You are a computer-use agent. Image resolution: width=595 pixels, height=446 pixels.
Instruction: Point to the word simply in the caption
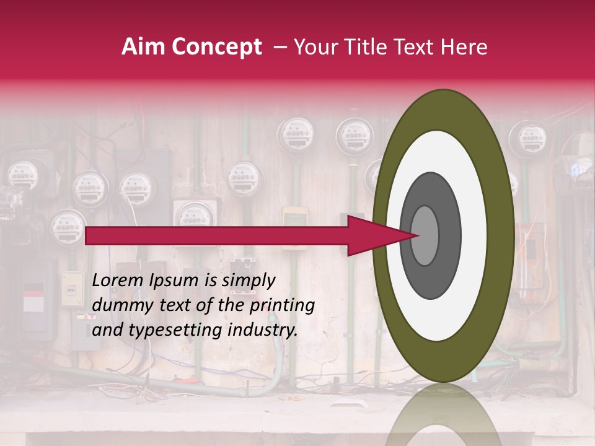click(248, 281)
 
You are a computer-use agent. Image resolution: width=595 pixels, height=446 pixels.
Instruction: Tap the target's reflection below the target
click(443, 415)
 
